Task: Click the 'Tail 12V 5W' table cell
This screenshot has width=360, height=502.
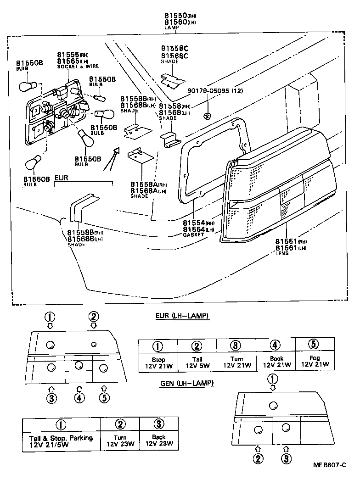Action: pyautogui.click(x=197, y=362)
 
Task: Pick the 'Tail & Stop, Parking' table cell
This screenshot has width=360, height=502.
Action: pyautogui.click(x=61, y=441)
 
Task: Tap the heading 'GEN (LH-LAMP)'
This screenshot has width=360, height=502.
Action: pyautogui.click(x=187, y=383)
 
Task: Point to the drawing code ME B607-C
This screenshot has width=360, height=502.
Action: pyautogui.click(x=329, y=465)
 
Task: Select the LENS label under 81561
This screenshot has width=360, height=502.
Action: pyautogui.click(x=281, y=253)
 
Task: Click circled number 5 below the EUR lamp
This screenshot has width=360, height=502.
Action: pyautogui.click(x=104, y=398)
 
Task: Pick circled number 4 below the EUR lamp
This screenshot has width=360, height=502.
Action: pyautogui.click(x=79, y=398)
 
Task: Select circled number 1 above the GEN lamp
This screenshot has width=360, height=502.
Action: pyautogui.click(x=273, y=379)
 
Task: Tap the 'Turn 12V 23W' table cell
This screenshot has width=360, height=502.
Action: pyautogui.click(x=120, y=441)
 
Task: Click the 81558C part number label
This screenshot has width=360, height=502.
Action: pyautogui.click(x=174, y=48)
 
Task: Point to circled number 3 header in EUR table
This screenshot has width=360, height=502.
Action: pyautogui.click(x=236, y=346)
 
